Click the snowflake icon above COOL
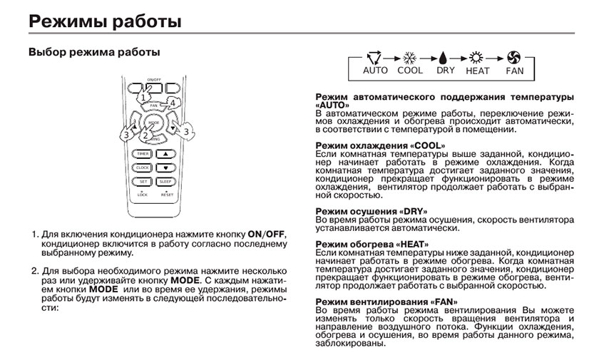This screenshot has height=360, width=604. click(x=409, y=57)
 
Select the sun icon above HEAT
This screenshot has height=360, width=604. click(x=477, y=57)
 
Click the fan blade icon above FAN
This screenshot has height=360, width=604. click(x=514, y=57)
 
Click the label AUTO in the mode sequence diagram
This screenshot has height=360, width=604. click(x=375, y=71)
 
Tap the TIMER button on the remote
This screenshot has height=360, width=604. click(x=143, y=154)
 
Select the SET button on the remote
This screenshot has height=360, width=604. click(x=143, y=182)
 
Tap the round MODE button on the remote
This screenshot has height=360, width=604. click(x=154, y=125)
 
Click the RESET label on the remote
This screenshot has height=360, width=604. click(x=167, y=194)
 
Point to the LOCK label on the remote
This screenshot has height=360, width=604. click(x=142, y=194)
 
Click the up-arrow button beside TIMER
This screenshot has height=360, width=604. click(x=165, y=154)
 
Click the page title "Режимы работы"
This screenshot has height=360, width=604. click(x=104, y=21)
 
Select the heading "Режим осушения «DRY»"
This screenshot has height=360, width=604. click(x=370, y=212)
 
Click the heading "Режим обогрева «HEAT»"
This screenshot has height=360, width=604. click(x=372, y=244)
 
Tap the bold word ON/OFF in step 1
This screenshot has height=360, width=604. click(x=265, y=234)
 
